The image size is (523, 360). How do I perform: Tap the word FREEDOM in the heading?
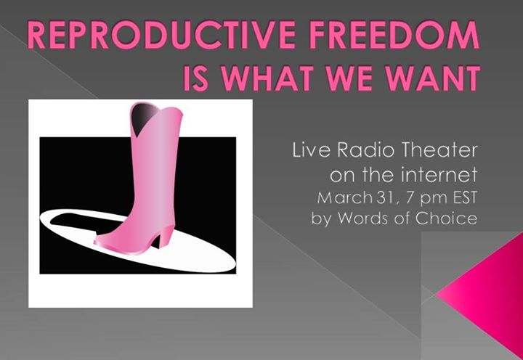click(394, 35)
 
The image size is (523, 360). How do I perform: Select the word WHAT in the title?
click(262, 78)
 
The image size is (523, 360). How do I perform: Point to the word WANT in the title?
click(432, 78)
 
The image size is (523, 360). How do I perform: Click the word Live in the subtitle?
click(311, 150)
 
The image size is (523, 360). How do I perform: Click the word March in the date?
click(344, 198)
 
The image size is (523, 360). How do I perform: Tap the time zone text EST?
click(465, 198)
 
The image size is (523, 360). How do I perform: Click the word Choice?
click(446, 218)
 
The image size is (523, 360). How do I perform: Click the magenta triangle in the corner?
click(487, 293)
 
